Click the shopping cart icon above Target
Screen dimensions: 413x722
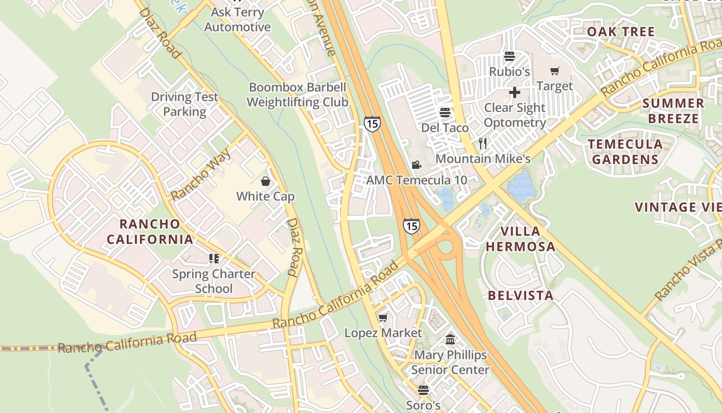[555, 71]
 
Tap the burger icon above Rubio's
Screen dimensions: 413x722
[510, 56]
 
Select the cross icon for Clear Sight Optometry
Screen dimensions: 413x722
[515, 93]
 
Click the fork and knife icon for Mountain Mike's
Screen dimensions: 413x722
[483, 143]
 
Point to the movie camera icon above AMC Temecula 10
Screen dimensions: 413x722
[416, 165]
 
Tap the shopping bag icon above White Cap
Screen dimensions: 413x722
[265, 181]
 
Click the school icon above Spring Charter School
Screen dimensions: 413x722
[214, 258]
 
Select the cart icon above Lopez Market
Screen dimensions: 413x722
[383, 317]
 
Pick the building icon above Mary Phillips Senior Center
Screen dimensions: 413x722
[450, 340]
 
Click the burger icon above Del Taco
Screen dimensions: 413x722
[445, 112]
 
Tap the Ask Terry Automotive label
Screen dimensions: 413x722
[237, 20]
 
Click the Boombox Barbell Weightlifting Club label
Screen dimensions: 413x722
[297, 94]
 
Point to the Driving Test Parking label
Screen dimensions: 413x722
[185, 104]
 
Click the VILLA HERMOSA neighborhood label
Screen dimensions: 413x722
[520, 239]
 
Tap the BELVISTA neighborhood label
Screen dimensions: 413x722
[520, 295]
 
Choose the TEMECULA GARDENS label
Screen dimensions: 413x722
[625, 151]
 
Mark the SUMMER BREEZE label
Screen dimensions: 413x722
[673, 110]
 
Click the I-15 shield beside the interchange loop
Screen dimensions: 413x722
[411, 226]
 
